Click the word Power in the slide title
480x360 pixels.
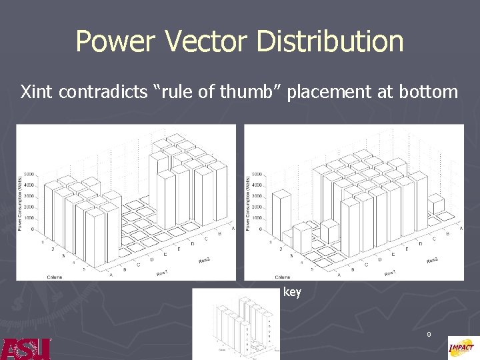tap(115, 41)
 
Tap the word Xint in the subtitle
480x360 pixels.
tap(37, 92)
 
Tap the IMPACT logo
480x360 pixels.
tap(463, 347)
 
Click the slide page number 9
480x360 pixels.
tap(429, 333)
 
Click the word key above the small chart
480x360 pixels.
tap(292, 291)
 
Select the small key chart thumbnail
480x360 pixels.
tap(236, 324)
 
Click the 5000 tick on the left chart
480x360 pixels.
tap(31, 175)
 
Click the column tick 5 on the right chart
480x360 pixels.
tap(313, 270)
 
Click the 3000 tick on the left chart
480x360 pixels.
tap(31, 197)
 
